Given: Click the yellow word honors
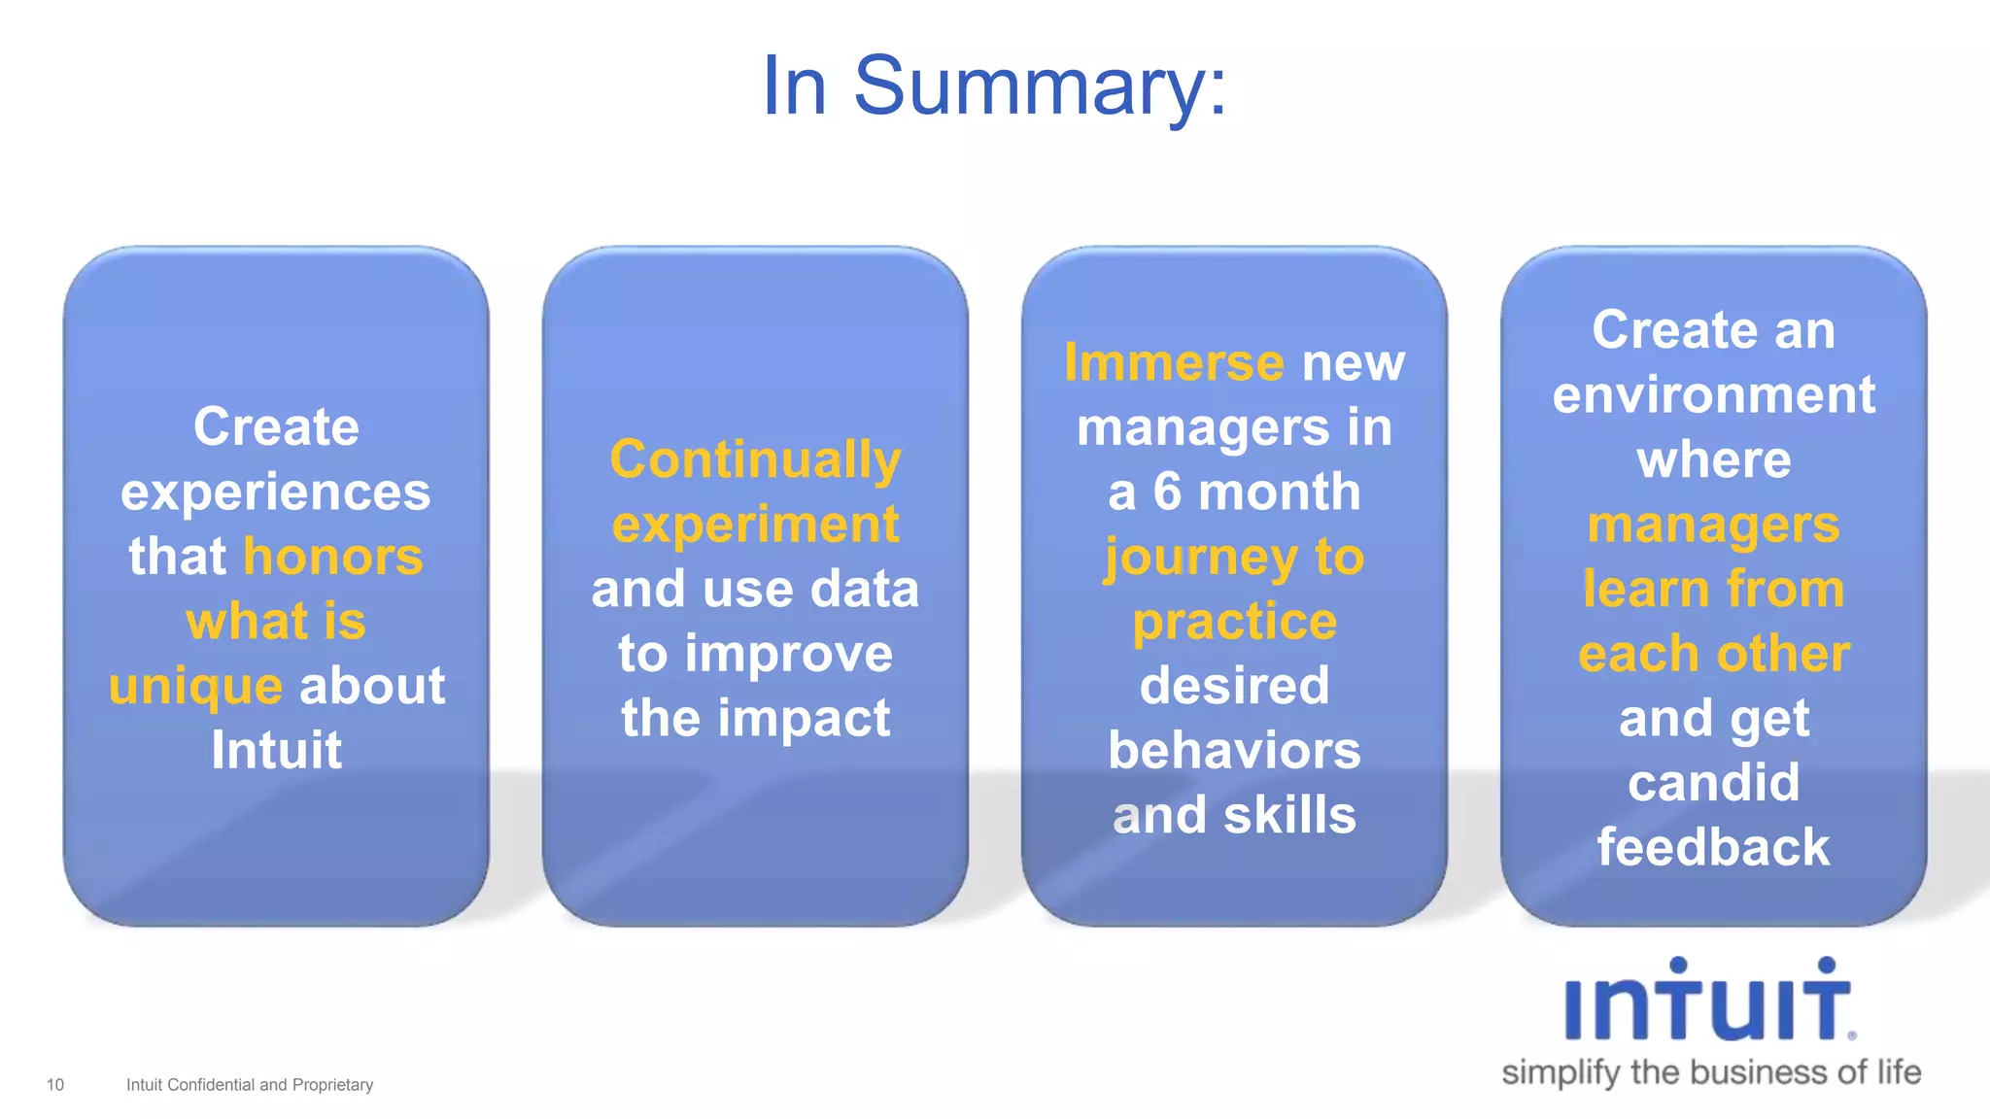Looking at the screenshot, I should click(x=333, y=557).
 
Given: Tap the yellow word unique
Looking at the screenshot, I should click(x=195, y=687).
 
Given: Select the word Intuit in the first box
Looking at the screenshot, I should click(x=277, y=750).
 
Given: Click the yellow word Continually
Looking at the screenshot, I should click(x=755, y=459).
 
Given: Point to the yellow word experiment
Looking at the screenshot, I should click(x=755, y=526).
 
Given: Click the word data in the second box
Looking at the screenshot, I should click(x=864, y=589).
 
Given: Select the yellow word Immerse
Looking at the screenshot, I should click(x=1174, y=362).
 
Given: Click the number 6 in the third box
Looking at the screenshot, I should click(x=1167, y=492).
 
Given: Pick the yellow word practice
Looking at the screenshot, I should click(x=1234, y=622).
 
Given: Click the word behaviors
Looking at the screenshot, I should click(x=1234, y=751).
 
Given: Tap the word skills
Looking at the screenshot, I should click(x=1289, y=815).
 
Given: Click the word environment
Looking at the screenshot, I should click(x=1713, y=395).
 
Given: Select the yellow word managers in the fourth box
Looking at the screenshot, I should click(x=1713, y=526).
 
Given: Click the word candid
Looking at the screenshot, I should click(x=1713, y=783).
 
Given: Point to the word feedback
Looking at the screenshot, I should click(x=1713, y=847).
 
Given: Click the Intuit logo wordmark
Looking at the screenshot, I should click(x=1708, y=1002).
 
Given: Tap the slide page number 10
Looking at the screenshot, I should click(x=55, y=1085).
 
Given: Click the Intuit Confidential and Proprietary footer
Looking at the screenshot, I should click(x=250, y=1085).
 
